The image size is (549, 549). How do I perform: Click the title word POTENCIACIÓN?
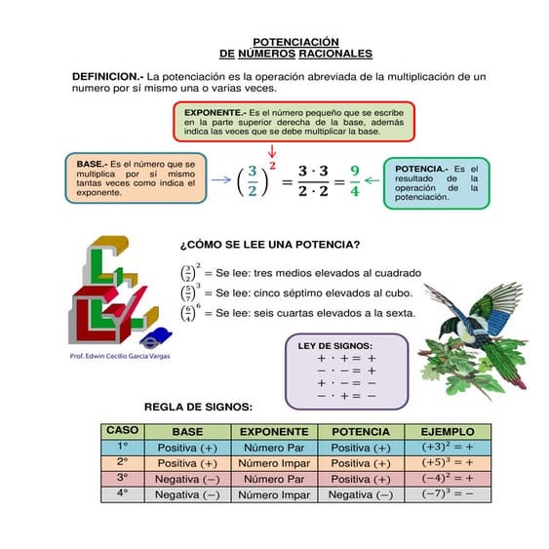click(296, 42)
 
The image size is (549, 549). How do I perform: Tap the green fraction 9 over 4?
click(355, 180)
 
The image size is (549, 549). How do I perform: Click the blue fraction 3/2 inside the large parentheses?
click(252, 181)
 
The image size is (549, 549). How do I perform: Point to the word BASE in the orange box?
click(91, 163)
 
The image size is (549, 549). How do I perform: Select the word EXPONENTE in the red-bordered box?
click(215, 113)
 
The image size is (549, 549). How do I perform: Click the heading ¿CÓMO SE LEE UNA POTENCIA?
click(269, 245)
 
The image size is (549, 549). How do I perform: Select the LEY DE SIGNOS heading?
click(334, 344)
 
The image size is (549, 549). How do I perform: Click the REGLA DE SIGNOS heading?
click(198, 407)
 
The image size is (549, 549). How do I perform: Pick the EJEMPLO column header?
click(447, 431)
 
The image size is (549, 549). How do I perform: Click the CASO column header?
click(123, 430)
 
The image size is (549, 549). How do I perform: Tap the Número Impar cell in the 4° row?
click(274, 494)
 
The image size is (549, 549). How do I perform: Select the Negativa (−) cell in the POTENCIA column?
click(361, 494)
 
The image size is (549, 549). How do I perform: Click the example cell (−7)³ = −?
click(447, 494)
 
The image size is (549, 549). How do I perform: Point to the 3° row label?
click(123, 478)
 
